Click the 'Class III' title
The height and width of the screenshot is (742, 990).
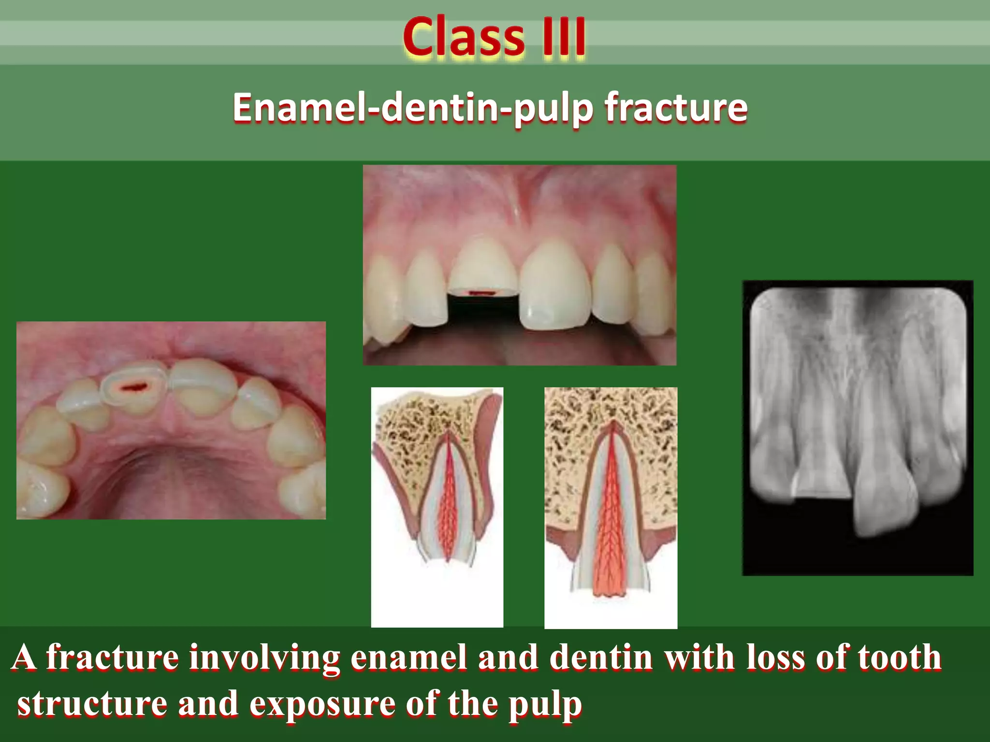tap(494, 37)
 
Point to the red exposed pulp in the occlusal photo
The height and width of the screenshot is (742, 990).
tap(134, 386)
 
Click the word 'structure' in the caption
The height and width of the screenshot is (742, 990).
tap(92, 704)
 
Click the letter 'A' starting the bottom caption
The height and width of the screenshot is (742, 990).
tap(24, 658)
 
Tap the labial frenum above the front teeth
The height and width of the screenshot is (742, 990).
tap(517, 203)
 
